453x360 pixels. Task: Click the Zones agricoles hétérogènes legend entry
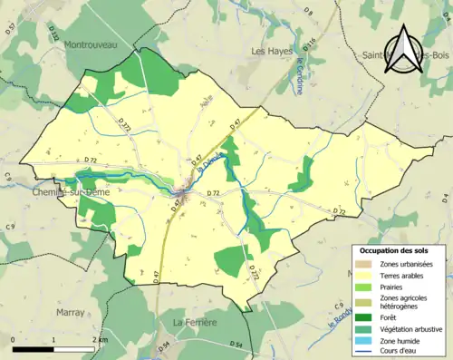coord(404,301)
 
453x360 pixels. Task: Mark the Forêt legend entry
coord(390,316)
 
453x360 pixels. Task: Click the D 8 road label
coord(308,11)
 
